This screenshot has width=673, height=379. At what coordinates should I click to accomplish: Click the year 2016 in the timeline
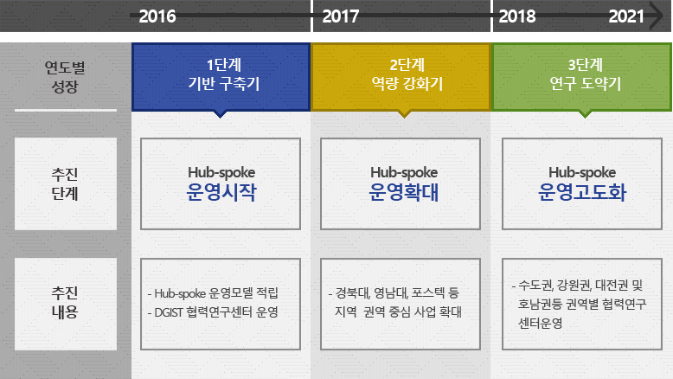157,16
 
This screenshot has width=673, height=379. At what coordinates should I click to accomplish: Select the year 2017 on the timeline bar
340,16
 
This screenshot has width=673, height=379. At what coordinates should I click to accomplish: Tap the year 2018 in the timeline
517,16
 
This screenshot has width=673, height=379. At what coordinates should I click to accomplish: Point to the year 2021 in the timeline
626,16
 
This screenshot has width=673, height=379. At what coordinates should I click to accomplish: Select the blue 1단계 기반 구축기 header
221,76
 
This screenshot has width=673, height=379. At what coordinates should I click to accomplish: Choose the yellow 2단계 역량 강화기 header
401,76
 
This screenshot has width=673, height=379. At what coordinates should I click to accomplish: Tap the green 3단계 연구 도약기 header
582,76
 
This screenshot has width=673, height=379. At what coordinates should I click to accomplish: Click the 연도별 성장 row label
65,76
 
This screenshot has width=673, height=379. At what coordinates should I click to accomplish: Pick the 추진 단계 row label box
65,183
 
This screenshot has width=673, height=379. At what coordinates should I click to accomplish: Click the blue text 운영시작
221,192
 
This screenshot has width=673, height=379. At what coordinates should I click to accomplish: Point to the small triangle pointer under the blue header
220,112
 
